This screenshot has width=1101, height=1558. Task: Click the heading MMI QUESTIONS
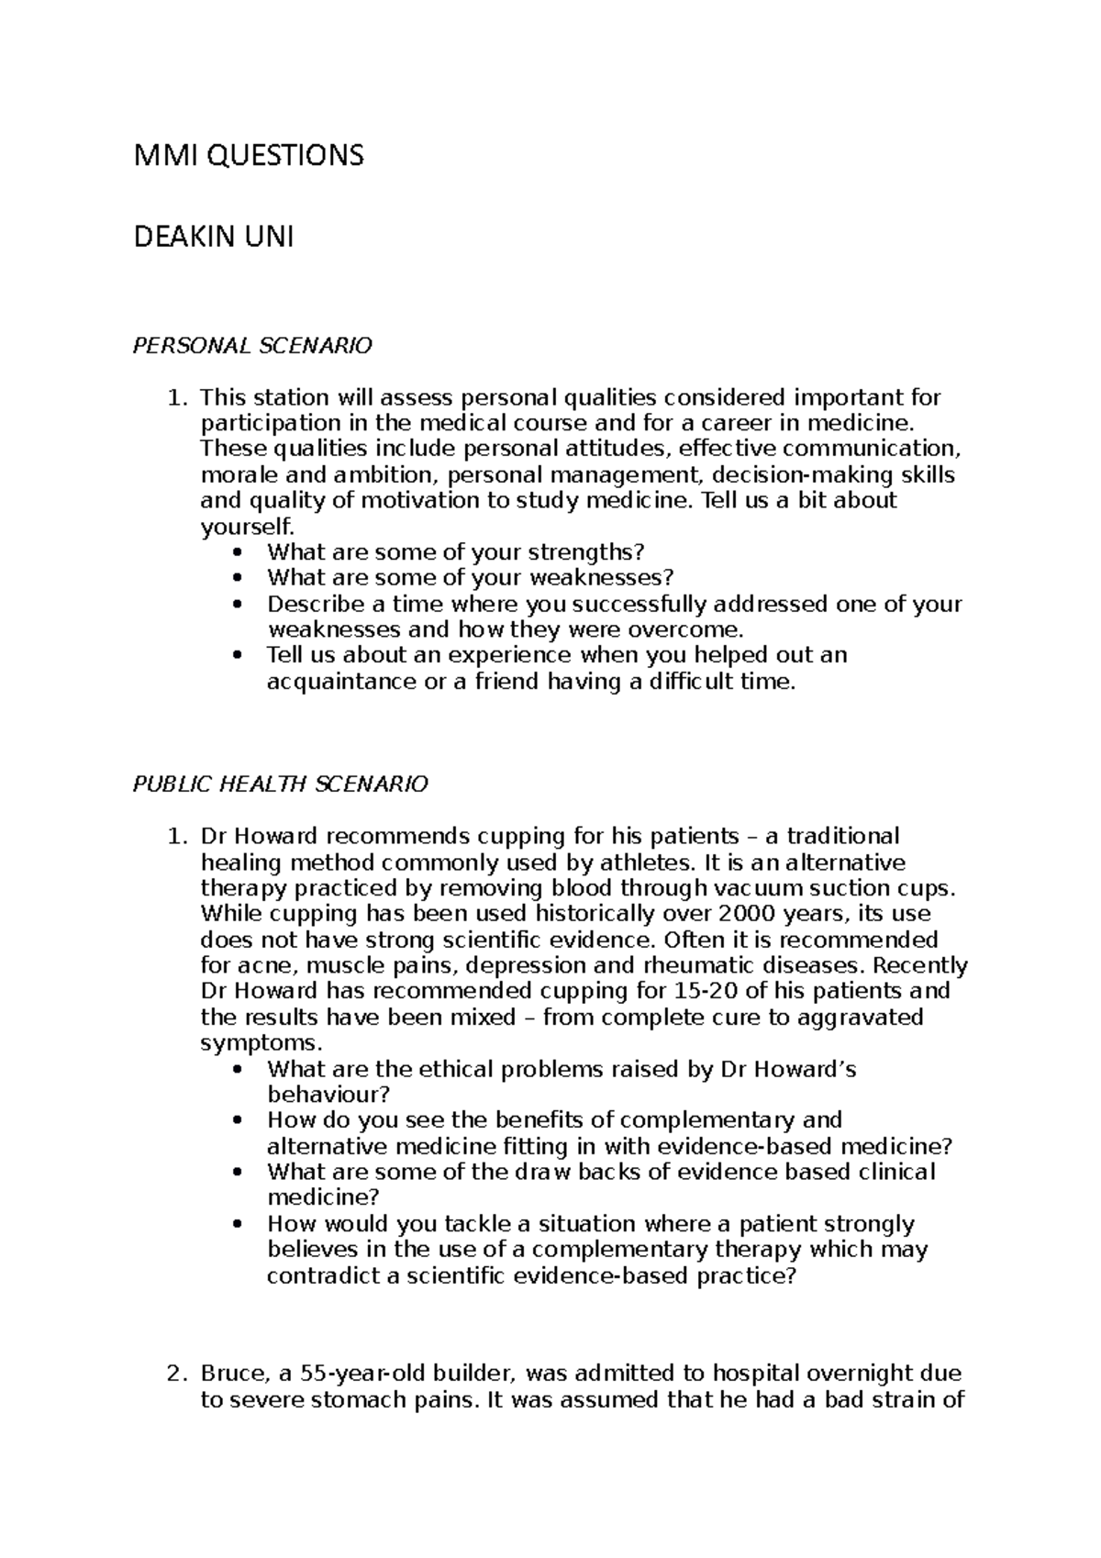click(x=249, y=156)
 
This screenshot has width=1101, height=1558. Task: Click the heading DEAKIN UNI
click(x=214, y=239)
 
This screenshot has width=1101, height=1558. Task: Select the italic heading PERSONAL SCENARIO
click(x=253, y=346)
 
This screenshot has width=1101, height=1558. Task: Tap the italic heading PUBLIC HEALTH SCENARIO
click(x=281, y=785)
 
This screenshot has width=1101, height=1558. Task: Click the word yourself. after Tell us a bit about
click(x=249, y=527)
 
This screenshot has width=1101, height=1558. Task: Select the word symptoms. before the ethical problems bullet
click(x=261, y=1043)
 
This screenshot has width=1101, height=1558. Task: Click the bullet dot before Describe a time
click(x=240, y=605)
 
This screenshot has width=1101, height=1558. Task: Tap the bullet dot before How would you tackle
click(x=240, y=1224)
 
